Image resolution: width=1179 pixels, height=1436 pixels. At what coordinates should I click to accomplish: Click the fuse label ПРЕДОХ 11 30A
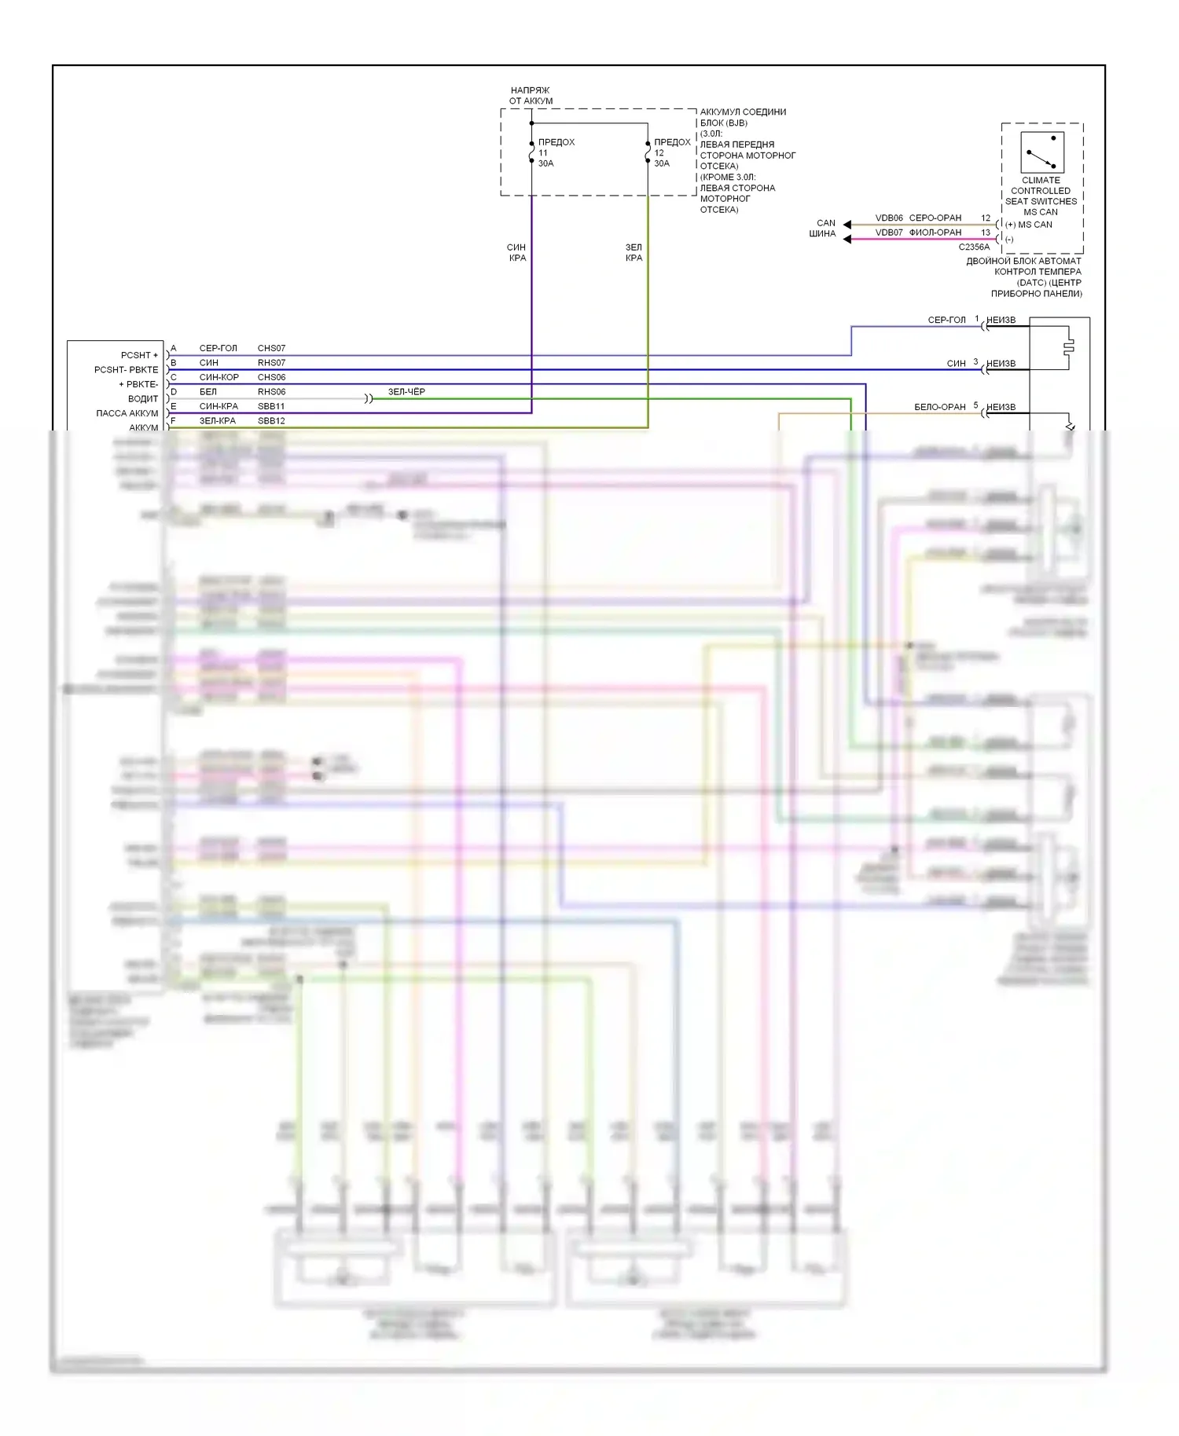[555, 152]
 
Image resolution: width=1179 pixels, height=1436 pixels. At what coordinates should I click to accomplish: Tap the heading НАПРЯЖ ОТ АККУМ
[531, 95]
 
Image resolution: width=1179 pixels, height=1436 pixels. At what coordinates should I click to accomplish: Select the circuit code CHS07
[271, 348]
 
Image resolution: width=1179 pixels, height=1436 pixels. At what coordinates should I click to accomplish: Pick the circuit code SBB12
[271, 421]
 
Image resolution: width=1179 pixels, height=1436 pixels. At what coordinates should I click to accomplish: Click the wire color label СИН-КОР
[219, 377]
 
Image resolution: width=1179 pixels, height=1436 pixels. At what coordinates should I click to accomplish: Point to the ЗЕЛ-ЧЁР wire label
[406, 391]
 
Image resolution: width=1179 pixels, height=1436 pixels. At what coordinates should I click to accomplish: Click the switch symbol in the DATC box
[1041, 152]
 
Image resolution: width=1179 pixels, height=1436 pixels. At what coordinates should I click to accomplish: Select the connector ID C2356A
[974, 247]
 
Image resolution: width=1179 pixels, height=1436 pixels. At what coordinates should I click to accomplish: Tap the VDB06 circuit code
[889, 218]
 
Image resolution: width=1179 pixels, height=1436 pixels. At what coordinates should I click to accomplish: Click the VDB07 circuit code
[889, 233]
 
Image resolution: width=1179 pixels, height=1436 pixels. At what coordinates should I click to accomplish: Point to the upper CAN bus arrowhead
[847, 225]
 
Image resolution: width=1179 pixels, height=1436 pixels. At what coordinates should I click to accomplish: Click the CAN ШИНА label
[824, 228]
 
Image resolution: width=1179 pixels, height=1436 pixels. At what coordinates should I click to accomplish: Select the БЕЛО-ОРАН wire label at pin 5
[939, 407]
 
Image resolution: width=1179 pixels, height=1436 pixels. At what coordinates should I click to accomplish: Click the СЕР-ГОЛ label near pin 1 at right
[946, 320]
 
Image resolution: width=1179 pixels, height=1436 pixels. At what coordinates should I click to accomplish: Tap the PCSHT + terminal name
[139, 355]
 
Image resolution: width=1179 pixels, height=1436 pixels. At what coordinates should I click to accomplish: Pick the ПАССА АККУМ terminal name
[127, 413]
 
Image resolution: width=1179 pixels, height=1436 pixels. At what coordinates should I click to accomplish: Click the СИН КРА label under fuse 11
[516, 252]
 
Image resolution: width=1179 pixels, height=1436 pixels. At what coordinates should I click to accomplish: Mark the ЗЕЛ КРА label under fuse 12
[634, 252]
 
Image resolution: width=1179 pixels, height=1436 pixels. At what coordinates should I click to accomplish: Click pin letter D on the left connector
[174, 391]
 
